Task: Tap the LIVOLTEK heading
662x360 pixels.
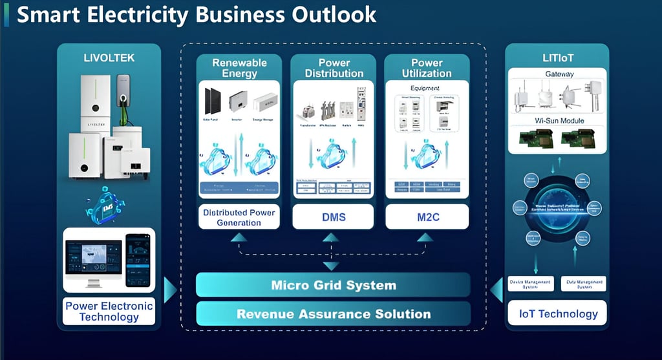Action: click(109, 58)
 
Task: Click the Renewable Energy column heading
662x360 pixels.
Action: click(240, 68)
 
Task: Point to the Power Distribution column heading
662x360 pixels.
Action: click(332, 68)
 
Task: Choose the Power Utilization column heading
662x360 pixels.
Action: click(427, 68)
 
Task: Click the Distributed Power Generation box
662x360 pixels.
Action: click(240, 217)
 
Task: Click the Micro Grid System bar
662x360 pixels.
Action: click(333, 285)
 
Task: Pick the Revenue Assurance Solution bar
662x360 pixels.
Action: click(333, 315)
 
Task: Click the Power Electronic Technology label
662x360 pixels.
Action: click(109, 311)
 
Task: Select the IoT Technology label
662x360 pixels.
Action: click(558, 314)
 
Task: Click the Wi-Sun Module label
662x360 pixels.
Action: click(558, 121)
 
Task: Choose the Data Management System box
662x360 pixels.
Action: click(584, 283)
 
